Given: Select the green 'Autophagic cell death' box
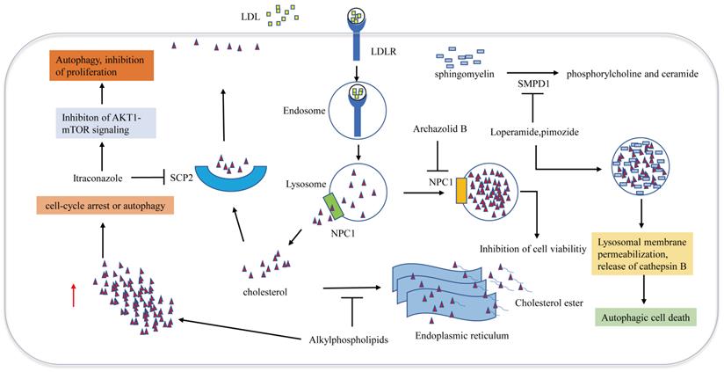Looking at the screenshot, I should pos(644,317).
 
